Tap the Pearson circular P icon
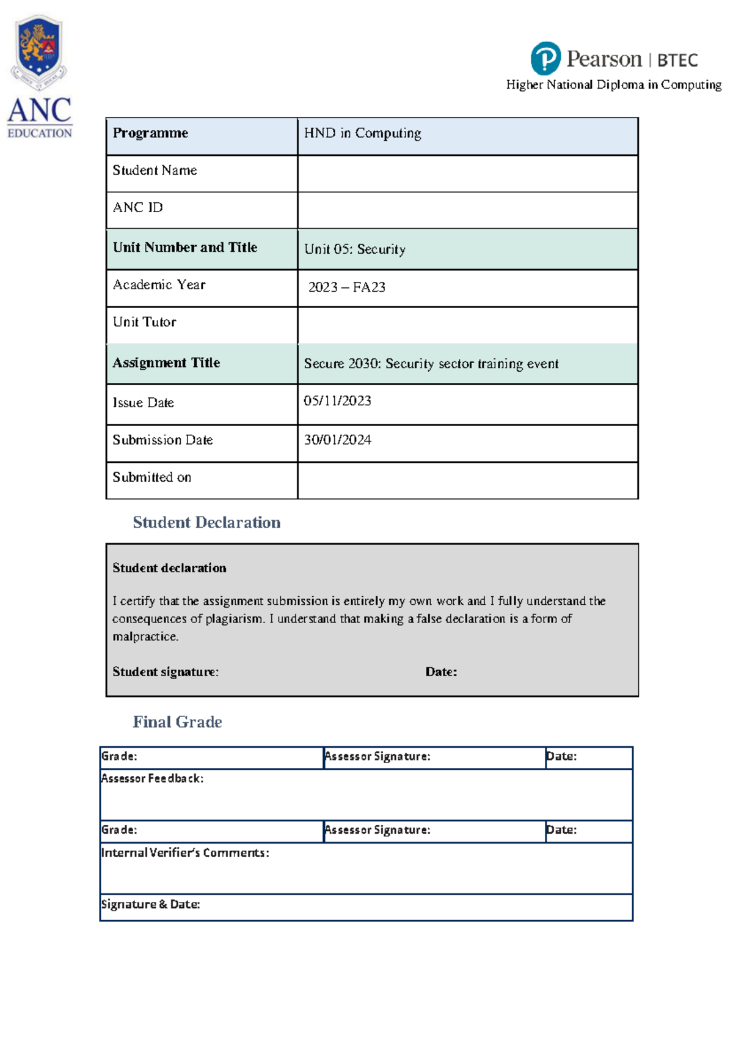(x=545, y=59)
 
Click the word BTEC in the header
(x=677, y=61)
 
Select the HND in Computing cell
(x=362, y=133)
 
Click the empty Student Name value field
(x=467, y=173)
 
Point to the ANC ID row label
(x=138, y=208)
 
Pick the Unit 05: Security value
(x=355, y=249)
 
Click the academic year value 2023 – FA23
(x=346, y=287)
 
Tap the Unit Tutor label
(x=145, y=322)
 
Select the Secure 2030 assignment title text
(x=431, y=364)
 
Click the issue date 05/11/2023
(x=337, y=401)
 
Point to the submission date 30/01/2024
(x=337, y=440)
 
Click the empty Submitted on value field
(x=467, y=481)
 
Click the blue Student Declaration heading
(x=206, y=523)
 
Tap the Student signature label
(x=166, y=672)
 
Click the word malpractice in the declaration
(x=145, y=637)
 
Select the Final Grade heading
(x=177, y=722)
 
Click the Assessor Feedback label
(x=152, y=778)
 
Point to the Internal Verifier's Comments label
(x=185, y=853)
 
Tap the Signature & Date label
(x=150, y=904)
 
